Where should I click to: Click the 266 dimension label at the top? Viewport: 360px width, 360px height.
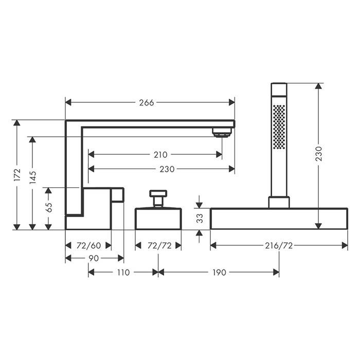pos(147,103)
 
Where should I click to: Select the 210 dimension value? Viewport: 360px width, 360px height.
pos(160,155)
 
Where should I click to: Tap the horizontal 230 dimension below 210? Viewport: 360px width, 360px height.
pos(167,169)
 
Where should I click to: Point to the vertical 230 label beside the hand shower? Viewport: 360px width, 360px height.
pos(318,154)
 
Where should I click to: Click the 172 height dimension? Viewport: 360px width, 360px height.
pos(17,175)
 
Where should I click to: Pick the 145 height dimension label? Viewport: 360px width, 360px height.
pos(32,177)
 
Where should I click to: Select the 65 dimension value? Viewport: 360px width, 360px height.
pos(48,207)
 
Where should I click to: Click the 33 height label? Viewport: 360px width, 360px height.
pos(200,218)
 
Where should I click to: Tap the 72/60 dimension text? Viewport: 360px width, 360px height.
pos(89,246)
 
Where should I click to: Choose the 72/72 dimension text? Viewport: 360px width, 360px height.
pos(159,246)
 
